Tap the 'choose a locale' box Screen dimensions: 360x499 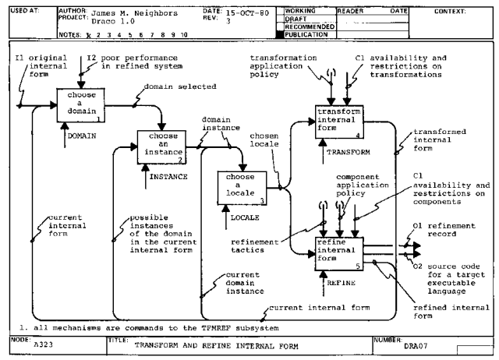239,188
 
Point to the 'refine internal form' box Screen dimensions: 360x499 340,254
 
